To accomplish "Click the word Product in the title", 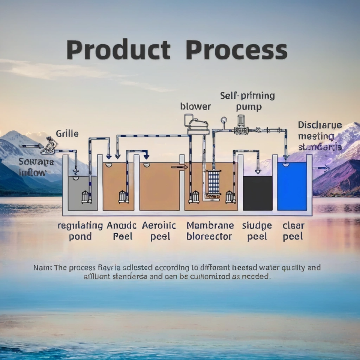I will click(118, 50).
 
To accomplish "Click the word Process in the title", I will click(236, 50).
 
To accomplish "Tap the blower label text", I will click(195, 106).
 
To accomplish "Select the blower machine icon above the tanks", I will click(196, 124).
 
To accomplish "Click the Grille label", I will click(67, 133).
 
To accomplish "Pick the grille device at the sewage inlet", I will click(49, 145).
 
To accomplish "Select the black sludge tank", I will click(258, 193).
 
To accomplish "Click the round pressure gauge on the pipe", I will click(224, 120).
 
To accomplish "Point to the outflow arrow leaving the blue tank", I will click(321, 168).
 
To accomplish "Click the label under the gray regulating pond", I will click(80, 231).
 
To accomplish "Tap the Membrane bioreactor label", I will click(210, 231).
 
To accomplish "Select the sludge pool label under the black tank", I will click(257, 231).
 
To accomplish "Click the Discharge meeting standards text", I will click(319, 136).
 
